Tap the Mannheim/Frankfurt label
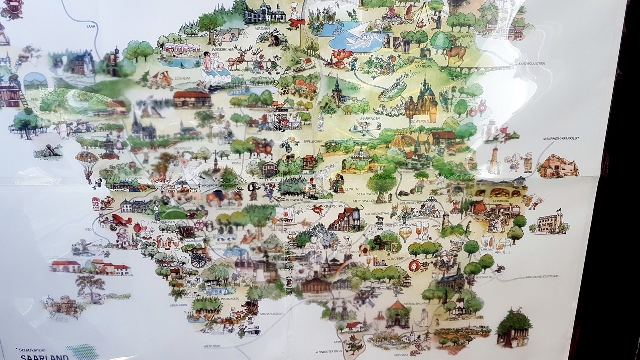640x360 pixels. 561,138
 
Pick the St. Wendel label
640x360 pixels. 417,120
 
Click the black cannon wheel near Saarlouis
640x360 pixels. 198,260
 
